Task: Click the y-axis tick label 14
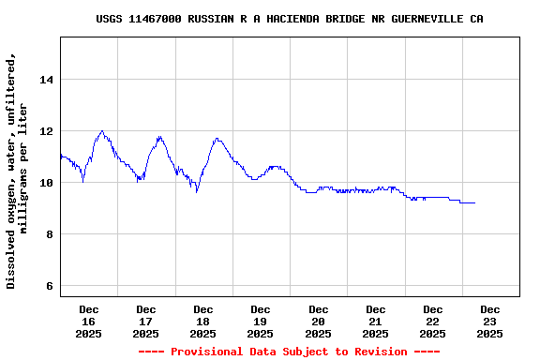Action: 45,80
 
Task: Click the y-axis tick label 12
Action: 45,131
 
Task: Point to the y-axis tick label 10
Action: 45,183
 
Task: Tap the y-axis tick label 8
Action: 49,234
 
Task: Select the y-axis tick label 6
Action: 49,286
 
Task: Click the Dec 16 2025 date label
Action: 89,321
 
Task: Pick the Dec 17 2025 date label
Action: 146,321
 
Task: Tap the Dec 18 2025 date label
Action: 203,321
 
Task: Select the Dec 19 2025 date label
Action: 261,321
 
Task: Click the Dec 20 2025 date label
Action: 319,321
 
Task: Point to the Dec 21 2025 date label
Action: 376,321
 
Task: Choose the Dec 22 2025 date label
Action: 433,321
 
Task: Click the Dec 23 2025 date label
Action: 490,321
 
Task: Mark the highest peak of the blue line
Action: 102,131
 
